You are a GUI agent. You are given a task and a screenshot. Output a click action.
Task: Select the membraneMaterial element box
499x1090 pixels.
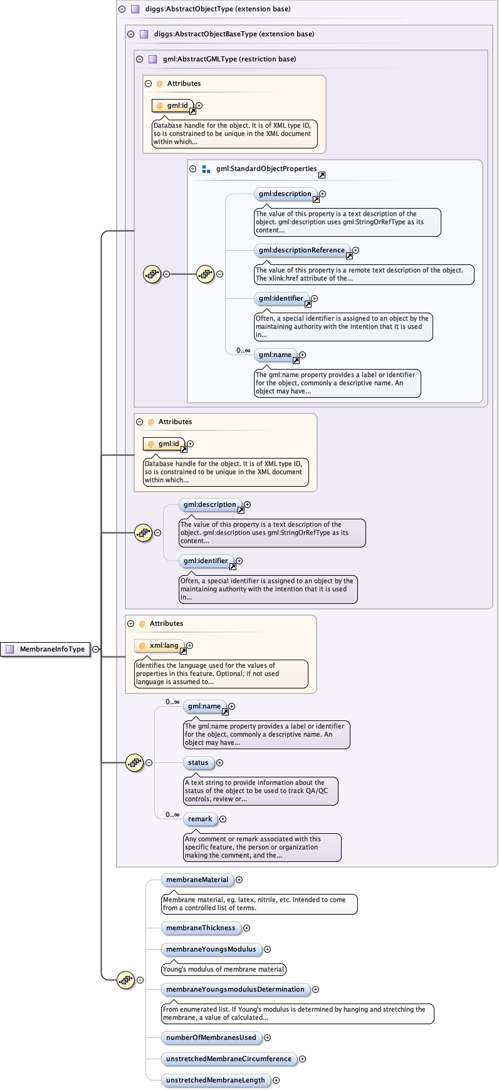click(x=197, y=880)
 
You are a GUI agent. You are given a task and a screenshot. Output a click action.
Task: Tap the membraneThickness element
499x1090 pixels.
click(x=201, y=928)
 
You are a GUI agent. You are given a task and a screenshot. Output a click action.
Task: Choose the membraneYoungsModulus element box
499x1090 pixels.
click(x=211, y=950)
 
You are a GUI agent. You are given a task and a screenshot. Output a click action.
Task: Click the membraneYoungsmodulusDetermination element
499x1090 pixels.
click(x=235, y=990)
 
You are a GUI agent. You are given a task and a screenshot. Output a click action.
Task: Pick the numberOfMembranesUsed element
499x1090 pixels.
click(x=211, y=1038)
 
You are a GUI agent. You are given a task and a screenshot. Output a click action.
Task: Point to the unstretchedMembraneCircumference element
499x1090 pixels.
click(x=228, y=1059)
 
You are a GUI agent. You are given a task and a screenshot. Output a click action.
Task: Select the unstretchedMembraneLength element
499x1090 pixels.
click(x=215, y=1081)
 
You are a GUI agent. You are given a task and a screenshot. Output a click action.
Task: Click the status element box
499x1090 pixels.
click(x=198, y=763)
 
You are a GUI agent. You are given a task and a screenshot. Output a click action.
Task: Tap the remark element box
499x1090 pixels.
click(x=200, y=819)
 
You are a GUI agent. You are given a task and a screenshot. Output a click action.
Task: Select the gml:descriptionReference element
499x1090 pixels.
click(x=302, y=251)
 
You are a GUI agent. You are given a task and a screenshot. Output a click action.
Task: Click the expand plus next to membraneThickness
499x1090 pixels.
click(x=246, y=928)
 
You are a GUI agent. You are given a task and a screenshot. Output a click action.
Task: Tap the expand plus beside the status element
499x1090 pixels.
click(x=219, y=763)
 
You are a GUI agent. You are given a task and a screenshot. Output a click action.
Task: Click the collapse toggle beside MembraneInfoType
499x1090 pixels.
click(x=95, y=650)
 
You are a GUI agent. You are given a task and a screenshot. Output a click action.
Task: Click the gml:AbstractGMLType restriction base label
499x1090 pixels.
click(x=229, y=60)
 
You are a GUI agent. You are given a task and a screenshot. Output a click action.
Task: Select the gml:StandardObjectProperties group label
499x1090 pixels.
click(x=266, y=169)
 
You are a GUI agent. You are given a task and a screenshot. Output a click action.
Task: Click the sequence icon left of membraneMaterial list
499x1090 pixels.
click(x=126, y=980)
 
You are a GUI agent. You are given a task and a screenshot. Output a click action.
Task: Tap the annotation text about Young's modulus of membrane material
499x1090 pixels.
click(x=223, y=970)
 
